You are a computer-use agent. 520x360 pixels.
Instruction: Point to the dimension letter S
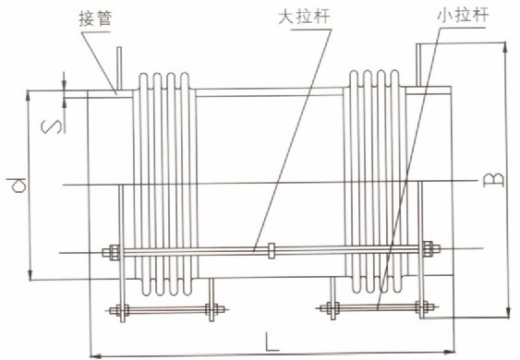pyautogui.click(x=54, y=119)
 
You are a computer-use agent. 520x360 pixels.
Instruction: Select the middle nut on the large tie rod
pyautogui.click(x=272, y=249)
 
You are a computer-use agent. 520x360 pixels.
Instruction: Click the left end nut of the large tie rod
pyautogui.click(x=111, y=249)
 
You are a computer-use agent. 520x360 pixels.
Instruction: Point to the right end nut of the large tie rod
pyautogui.click(x=428, y=248)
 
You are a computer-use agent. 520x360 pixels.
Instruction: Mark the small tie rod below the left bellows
pyautogui.click(x=166, y=308)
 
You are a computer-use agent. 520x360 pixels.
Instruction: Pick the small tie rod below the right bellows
pyautogui.click(x=379, y=307)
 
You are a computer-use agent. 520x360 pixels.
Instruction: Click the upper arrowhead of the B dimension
pyautogui.click(x=505, y=46)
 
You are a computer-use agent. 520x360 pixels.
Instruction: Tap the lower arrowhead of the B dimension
pyautogui.click(x=506, y=314)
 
